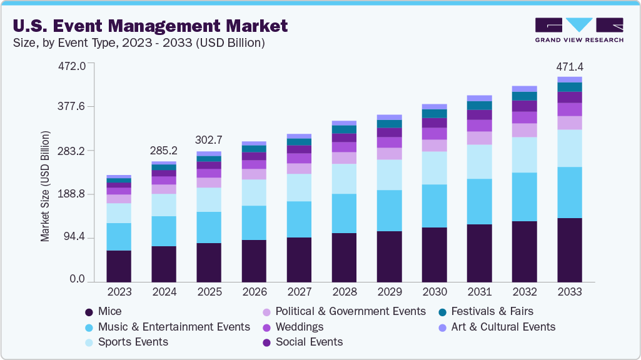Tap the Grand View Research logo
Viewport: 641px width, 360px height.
(578, 30)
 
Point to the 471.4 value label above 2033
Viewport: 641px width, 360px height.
(569, 67)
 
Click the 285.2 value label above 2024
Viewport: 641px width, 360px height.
(164, 151)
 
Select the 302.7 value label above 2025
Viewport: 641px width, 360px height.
(209, 140)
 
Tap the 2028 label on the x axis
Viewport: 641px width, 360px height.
(344, 292)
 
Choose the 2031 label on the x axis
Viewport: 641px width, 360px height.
(479, 292)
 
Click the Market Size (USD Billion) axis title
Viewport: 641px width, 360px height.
(45, 186)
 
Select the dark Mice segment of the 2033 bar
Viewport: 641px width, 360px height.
(569, 250)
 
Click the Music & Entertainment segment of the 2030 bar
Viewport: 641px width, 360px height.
(434, 206)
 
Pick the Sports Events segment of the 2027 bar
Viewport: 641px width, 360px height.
(299, 187)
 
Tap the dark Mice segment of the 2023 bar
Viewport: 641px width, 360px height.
(119, 266)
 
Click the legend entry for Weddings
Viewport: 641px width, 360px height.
(300, 327)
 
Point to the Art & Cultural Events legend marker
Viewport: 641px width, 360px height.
(442, 327)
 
